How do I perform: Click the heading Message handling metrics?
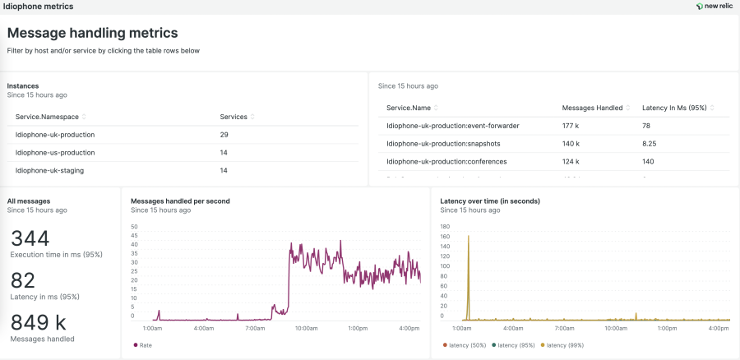click(x=92, y=34)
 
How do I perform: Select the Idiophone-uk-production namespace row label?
click(x=55, y=134)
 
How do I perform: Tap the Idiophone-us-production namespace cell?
click(x=55, y=152)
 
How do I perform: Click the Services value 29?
click(x=224, y=134)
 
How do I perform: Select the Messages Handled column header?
click(x=592, y=108)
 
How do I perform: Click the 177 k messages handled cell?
click(x=571, y=126)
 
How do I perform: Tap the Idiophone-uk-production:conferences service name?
click(x=446, y=161)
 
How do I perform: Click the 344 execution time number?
click(x=30, y=239)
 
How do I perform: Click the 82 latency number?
click(x=22, y=281)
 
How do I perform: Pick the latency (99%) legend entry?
click(x=567, y=345)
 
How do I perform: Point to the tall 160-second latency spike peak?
click(x=468, y=237)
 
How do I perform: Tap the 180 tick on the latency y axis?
click(x=445, y=226)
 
